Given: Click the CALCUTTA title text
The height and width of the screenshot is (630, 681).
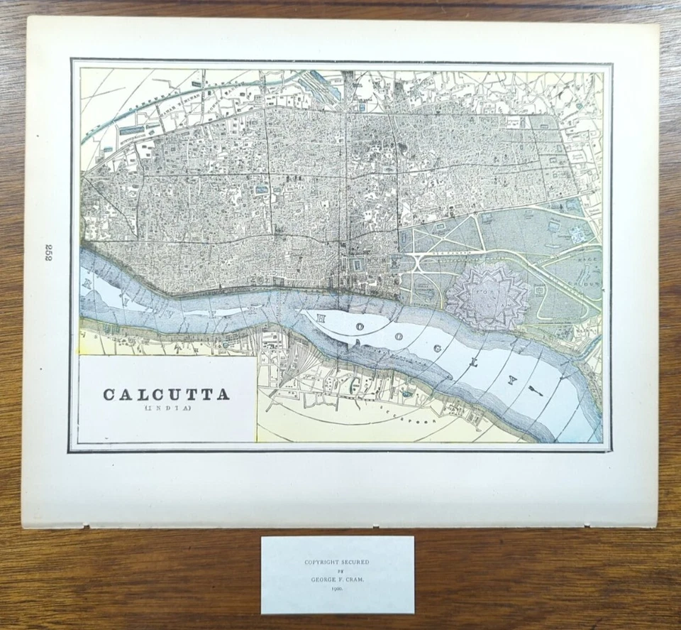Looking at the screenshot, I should point(167,395).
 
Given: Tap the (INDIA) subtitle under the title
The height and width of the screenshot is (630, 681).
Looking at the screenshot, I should point(167,408).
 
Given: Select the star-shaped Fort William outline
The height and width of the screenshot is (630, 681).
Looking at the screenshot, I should point(488,296).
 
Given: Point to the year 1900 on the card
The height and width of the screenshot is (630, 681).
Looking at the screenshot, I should point(338,589).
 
